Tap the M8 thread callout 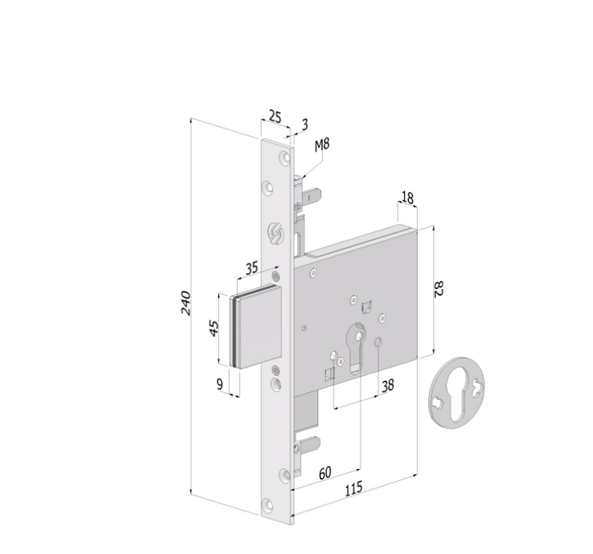[321, 145]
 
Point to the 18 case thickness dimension [407, 199]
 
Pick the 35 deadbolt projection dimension [251, 268]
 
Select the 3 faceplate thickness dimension [303, 125]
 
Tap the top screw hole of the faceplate [281, 155]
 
